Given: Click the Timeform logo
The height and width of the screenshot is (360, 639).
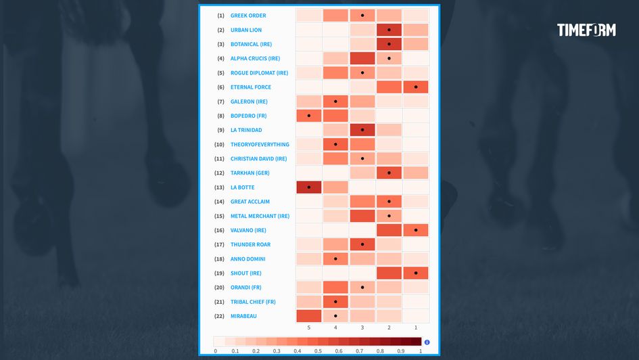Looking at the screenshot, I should pos(586,30).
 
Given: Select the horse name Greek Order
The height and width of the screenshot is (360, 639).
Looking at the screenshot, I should pos(248,16).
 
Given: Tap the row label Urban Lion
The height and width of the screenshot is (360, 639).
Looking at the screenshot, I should pos(246,30).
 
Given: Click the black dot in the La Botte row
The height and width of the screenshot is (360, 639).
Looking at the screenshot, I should pos(309,187).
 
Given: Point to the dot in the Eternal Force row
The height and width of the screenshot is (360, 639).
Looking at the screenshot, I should pos(416,87).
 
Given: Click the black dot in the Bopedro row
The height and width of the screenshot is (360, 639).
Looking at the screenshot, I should pos(309,116).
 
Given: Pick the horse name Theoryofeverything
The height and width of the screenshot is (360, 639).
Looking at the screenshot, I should pos(260,145).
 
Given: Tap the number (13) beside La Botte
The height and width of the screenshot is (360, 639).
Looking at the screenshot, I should pos(219,187).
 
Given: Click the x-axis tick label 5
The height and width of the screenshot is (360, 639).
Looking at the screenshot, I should pos(309,328).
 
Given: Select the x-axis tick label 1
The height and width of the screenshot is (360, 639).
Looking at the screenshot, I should pos(416,328).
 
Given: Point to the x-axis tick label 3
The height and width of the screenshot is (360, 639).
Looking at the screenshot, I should pos(362,328).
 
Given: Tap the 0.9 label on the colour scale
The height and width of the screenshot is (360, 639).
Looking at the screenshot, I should pos(400,351).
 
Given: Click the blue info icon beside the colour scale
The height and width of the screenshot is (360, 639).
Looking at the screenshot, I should pos(427,342).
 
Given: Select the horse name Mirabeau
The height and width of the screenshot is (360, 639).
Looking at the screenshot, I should pos(243,316).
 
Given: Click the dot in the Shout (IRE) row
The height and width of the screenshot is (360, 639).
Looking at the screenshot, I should pos(416,273).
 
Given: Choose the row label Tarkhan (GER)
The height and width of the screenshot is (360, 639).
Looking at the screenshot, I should pos(250,173).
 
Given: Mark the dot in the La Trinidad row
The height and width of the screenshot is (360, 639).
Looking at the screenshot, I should pos(362,130).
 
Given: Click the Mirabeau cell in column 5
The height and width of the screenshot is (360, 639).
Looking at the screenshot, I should pos(309,316).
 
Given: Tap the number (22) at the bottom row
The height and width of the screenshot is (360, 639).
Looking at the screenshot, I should pos(219,316).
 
